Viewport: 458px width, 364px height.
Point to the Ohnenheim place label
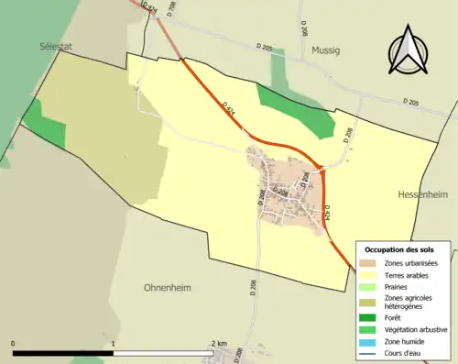(167, 287)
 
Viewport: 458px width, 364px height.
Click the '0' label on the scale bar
(13, 343)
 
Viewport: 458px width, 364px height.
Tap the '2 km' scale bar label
(219, 343)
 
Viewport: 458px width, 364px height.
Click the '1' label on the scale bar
(113, 343)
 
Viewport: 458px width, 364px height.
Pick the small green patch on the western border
(44, 125)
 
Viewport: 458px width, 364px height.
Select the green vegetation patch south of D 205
(295, 109)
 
